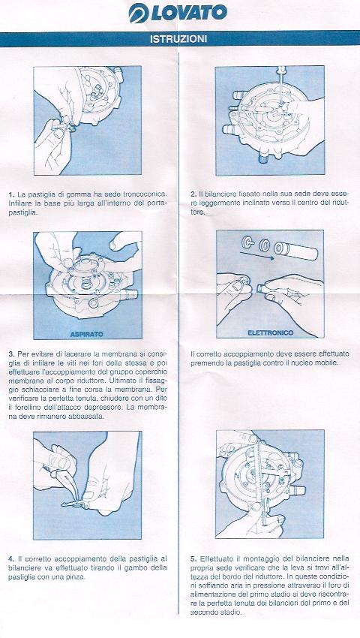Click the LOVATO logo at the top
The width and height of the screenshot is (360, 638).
pos(178,13)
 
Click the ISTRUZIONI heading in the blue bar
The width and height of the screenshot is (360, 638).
pos(178,39)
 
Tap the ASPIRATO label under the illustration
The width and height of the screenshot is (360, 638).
pos(87,334)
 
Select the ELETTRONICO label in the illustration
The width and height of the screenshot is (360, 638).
pos(271,333)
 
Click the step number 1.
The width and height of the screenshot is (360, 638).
pos(11,194)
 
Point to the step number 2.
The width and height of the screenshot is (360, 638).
pos(193,194)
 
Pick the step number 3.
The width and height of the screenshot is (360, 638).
pos(11,354)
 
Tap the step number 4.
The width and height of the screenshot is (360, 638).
pos(11,558)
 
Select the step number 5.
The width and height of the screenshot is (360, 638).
pos(193,558)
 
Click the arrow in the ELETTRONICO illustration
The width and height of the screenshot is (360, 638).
pos(254,257)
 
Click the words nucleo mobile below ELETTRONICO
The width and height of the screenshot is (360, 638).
pos(312,363)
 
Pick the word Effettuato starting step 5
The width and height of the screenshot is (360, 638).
pos(215,558)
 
